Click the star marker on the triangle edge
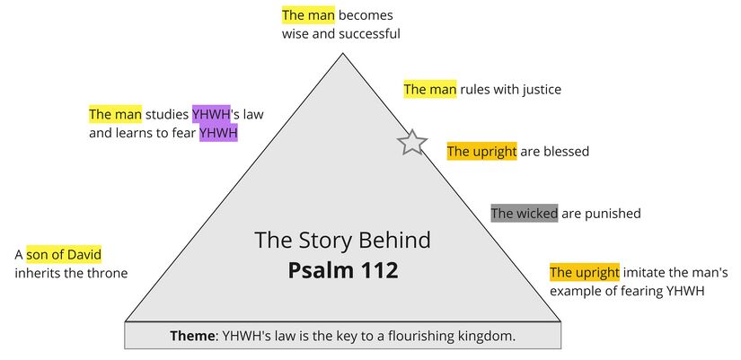pyautogui.click(x=412, y=142)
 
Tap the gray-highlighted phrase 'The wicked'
pyautogui.click(x=525, y=214)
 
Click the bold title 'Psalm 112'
pyautogui.click(x=343, y=270)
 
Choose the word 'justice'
pyautogui.click(x=537, y=90)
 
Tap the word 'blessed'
pyautogui.click(x=566, y=152)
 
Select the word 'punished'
pyautogui.click(x=614, y=214)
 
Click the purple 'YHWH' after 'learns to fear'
pyautogui.click(x=218, y=133)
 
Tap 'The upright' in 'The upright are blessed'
pyautogui.click(x=482, y=152)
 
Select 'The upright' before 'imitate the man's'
pyautogui.click(x=585, y=272)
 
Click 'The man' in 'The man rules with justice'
pyautogui.click(x=430, y=90)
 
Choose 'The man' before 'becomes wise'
pyautogui.click(x=308, y=15)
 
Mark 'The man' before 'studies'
pyautogui.click(x=115, y=115)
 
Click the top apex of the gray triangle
pyautogui.click(x=342, y=55)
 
